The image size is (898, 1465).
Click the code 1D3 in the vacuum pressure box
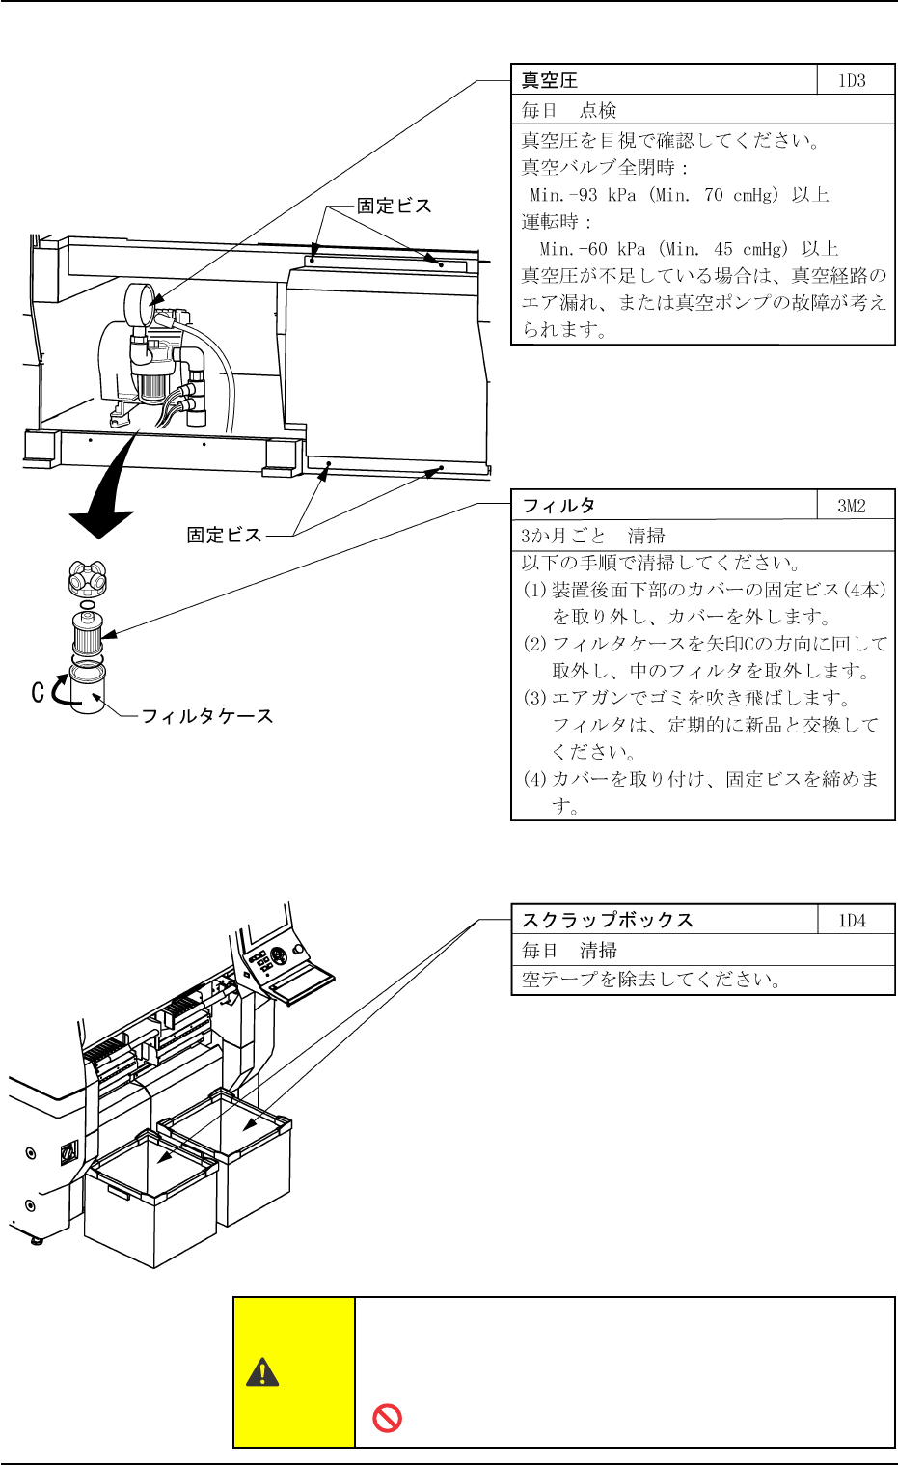tap(852, 81)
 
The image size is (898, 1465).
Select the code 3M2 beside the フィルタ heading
tap(852, 506)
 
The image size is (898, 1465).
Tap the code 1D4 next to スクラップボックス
tap(852, 921)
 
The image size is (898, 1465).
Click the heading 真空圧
tap(550, 81)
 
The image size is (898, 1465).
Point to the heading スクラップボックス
tap(608, 921)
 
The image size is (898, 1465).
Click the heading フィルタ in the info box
tap(558, 506)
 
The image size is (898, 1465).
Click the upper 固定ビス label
tap(395, 206)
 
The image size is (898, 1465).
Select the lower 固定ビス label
tap(224, 535)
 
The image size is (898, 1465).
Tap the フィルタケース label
tap(207, 716)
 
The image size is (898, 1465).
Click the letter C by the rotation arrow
tap(38, 692)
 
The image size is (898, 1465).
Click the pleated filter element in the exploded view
tap(87, 634)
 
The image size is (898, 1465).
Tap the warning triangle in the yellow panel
tap(262, 1372)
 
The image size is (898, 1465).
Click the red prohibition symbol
tap(387, 1418)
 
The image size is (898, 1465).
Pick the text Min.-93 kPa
tap(583, 195)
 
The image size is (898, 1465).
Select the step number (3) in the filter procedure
tap(535, 698)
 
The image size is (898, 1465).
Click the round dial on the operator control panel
tap(279, 956)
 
